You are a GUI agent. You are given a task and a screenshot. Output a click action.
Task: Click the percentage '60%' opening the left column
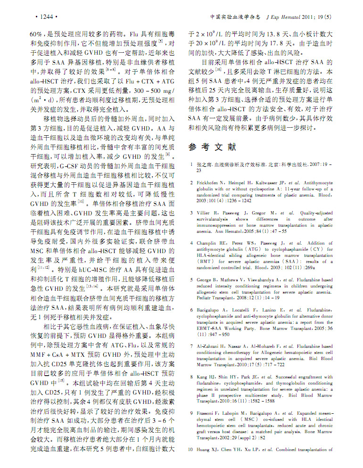coord(36,34)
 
